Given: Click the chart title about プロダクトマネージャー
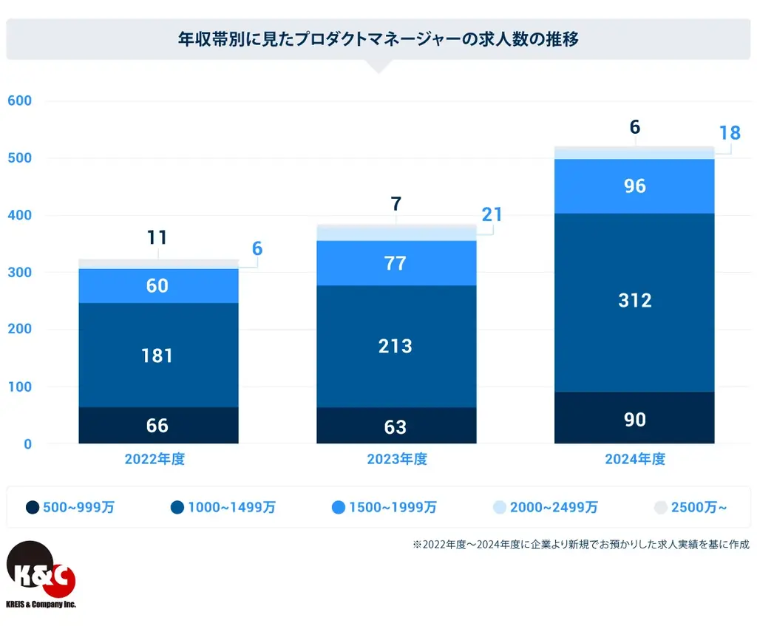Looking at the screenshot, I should click(x=378, y=39).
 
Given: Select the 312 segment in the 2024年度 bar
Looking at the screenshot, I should click(x=634, y=301).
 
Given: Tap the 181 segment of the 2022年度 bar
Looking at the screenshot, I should click(x=157, y=355).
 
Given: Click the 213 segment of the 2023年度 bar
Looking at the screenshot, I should click(x=396, y=346).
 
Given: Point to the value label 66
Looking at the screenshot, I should click(x=157, y=426).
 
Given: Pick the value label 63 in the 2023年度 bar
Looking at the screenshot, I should click(x=396, y=426).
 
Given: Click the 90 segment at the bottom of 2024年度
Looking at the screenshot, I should click(x=634, y=419).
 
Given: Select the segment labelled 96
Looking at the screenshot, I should click(x=634, y=186).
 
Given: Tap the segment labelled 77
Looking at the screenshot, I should click(x=396, y=263).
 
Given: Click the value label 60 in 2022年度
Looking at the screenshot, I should click(x=157, y=285).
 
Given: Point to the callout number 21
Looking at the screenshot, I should click(x=492, y=215).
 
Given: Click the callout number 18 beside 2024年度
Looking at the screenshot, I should click(x=730, y=134).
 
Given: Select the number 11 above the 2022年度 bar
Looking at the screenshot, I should click(x=157, y=238).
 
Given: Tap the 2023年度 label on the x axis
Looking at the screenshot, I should click(x=397, y=459).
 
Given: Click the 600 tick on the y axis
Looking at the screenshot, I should click(x=19, y=101).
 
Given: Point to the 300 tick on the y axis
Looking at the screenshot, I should click(x=19, y=272).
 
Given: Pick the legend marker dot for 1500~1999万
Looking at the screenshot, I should click(x=339, y=507).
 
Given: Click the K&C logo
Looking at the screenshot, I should click(x=41, y=573).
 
